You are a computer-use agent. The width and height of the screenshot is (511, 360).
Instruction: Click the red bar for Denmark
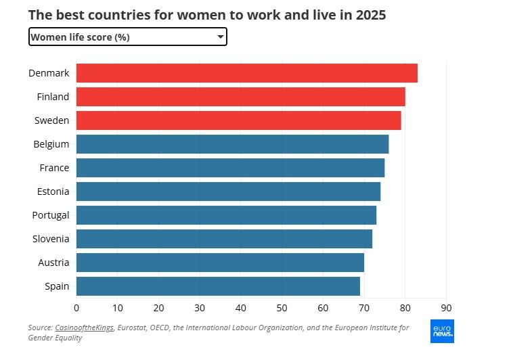click(x=246, y=73)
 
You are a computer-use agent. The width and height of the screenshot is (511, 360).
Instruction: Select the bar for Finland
click(x=240, y=97)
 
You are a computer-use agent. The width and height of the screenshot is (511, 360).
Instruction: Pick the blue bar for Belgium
click(x=232, y=144)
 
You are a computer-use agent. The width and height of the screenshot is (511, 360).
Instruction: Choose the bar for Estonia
click(x=228, y=192)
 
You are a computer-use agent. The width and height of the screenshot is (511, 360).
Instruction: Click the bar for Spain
click(x=218, y=286)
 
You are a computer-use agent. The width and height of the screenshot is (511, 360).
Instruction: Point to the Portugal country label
click(x=51, y=215)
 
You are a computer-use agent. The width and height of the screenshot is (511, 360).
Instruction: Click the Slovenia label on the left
click(x=51, y=239)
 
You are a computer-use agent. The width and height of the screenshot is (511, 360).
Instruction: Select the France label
click(x=53, y=168)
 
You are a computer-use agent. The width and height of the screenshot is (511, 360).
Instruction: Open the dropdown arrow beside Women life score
click(x=220, y=37)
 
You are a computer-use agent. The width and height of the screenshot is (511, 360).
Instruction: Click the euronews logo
click(x=442, y=331)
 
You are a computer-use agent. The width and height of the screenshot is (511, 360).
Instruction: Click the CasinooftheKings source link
click(x=85, y=328)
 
